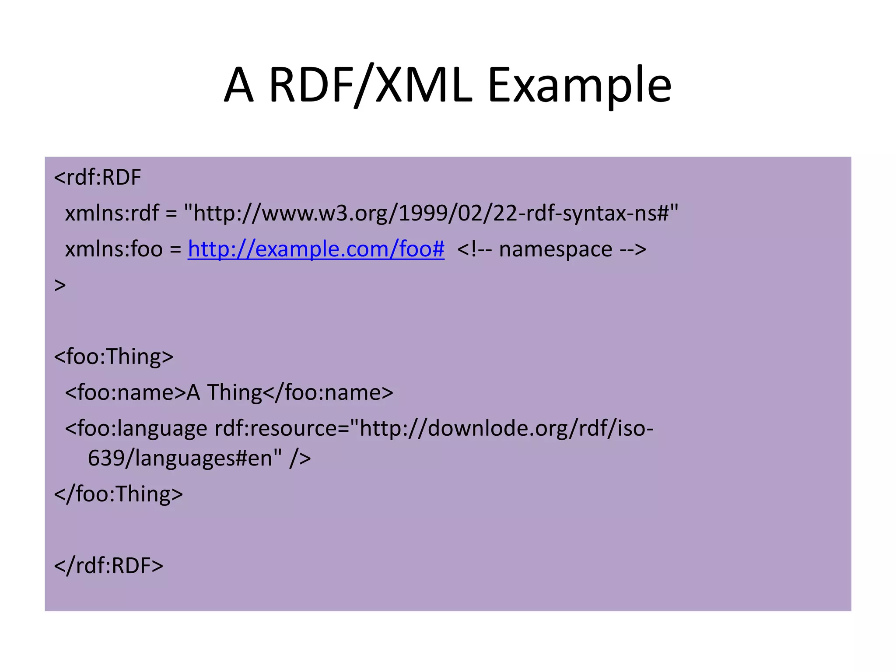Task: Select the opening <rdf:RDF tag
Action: pos(97,178)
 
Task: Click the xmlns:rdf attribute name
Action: pos(112,213)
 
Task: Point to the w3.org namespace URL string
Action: pos(431,213)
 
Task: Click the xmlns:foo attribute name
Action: pos(114,249)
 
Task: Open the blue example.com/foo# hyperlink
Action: pos(316,249)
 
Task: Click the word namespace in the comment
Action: pos(555,249)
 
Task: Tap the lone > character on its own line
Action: pos(60,285)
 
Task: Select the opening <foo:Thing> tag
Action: pos(113,357)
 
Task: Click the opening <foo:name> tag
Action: pos(126,392)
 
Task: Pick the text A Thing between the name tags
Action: pos(224,392)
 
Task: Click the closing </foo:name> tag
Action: pos(328,392)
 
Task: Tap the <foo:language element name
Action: pos(136,428)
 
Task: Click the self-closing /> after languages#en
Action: pos(300,458)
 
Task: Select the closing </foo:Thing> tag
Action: pos(118,494)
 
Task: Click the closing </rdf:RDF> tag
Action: pos(108,566)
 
